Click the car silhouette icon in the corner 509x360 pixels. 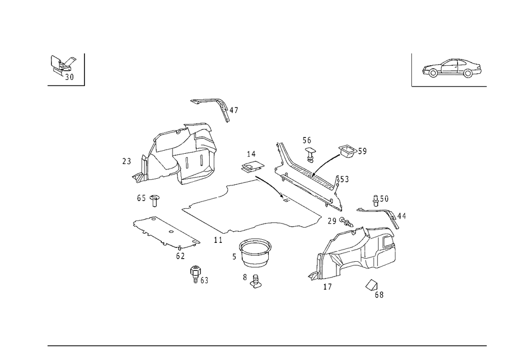451,69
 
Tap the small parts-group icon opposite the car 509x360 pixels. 63,68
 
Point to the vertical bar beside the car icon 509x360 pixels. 411,69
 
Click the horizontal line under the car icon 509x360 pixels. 450,86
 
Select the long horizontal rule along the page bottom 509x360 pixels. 267,345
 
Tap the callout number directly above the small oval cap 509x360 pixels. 250,154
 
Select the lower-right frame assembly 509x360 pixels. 361,247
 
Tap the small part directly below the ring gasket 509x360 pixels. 254,281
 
